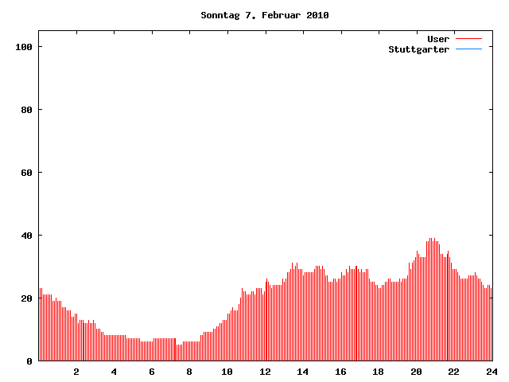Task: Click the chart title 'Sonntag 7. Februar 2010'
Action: tap(265, 15)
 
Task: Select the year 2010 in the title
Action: tap(317, 15)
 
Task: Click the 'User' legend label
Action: tap(438, 39)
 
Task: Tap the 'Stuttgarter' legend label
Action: tap(418, 49)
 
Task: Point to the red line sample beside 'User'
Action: tap(469, 39)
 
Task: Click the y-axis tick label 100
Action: tap(24, 47)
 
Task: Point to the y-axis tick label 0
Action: tap(29, 361)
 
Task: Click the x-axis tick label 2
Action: tap(76, 372)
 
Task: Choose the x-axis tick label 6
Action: tap(152, 372)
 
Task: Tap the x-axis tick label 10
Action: tap(227, 372)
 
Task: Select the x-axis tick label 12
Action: tap(265, 372)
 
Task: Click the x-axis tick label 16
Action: tap(340, 372)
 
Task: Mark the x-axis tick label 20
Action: tap(416, 372)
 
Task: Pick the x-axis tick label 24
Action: tap(492, 372)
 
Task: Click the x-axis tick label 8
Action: tap(189, 372)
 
